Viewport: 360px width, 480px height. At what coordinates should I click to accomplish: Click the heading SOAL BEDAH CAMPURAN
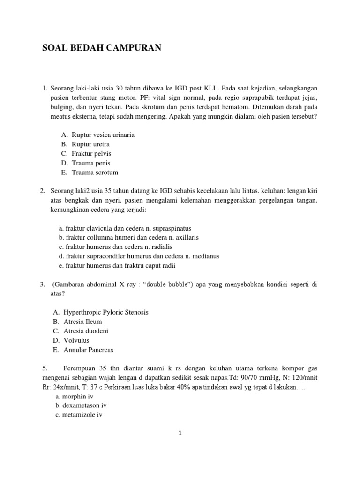102,47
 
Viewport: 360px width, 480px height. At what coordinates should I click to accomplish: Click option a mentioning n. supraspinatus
125,228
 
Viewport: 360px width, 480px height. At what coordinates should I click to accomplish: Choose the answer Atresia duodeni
86,331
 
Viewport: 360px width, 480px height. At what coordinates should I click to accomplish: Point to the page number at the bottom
180,434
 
